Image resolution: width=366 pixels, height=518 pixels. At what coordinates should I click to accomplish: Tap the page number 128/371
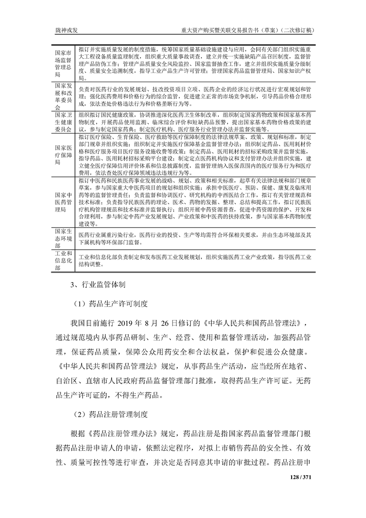(301, 476)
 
